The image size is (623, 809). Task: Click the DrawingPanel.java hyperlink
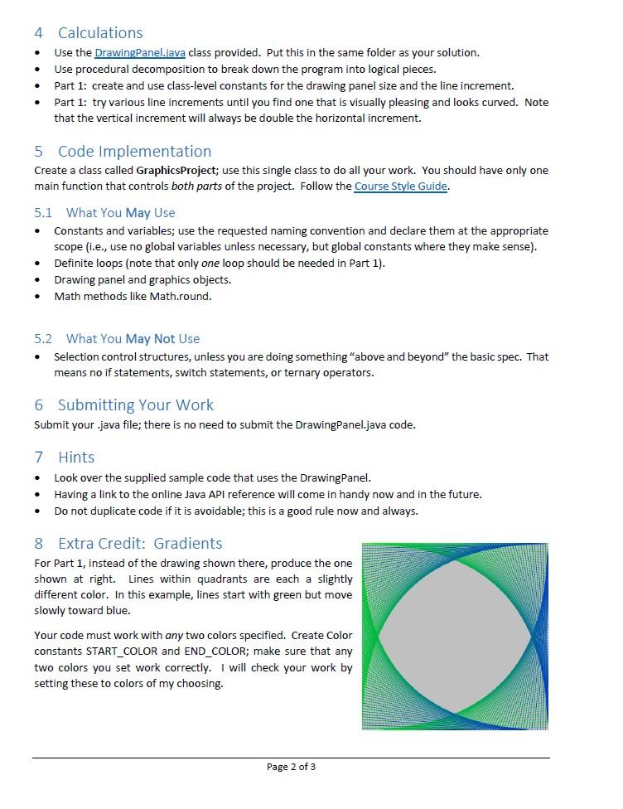[x=140, y=53]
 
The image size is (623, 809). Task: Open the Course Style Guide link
[x=400, y=187]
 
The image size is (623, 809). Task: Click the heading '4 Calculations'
[x=89, y=33]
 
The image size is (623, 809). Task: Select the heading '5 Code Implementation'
[x=123, y=152]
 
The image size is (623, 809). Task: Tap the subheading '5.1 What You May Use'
[x=105, y=213]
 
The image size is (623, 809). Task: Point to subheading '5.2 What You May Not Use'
[x=117, y=339]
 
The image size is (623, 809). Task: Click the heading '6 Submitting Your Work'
[x=124, y=405]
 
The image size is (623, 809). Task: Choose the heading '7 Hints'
[x=65, y=458]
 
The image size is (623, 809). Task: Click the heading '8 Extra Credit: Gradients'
[x=128, y=544]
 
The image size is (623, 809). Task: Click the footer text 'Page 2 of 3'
[x=291, y=767]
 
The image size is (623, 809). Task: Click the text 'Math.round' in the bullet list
[x=180, y=297]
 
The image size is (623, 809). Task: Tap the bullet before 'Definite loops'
[x=38, y=264]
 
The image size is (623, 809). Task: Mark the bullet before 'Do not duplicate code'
[x=38, y=511]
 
